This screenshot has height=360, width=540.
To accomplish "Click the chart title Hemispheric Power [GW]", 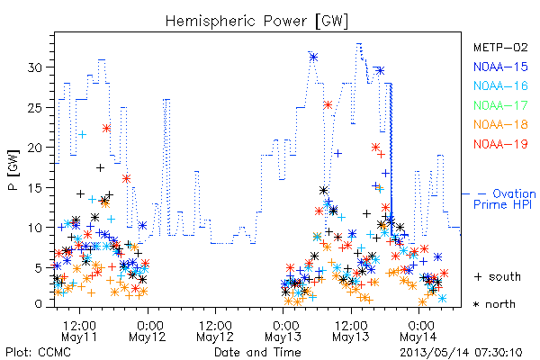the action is (256, 22).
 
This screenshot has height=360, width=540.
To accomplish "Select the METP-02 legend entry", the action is (500, 48).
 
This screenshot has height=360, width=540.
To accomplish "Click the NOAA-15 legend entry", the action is (500, 67).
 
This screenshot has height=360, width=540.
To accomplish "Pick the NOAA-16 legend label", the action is (500, 85).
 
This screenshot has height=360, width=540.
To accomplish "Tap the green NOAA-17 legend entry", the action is (500, 105).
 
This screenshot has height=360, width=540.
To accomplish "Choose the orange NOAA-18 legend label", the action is (500, 124).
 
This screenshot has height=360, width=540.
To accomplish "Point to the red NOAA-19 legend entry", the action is (500, 144).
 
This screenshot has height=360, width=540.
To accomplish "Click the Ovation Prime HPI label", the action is (505, 199).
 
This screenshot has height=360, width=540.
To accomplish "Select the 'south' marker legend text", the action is (505, 276).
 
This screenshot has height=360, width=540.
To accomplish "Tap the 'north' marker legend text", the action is (500, 304).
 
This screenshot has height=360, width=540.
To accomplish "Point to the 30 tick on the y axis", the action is (35, 67).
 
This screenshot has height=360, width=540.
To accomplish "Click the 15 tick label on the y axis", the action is (35, 188).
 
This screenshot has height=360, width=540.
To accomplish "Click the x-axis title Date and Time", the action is (257, 353).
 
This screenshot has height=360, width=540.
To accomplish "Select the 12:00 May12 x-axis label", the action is (215, 331).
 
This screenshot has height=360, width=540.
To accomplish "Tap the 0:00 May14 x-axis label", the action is (418, 331).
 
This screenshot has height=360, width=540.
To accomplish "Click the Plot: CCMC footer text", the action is (39, 353).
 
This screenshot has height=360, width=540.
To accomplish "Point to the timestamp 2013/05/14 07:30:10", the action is (461, 353).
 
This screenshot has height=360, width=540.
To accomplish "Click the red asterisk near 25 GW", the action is (328, 104).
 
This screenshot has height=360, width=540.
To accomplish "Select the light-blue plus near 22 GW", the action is (82, 135).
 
